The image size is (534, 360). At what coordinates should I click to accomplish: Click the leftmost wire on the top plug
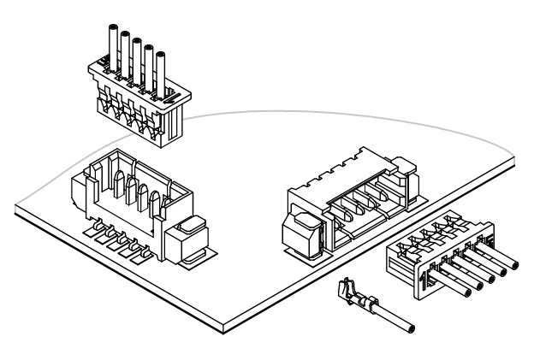pos(110,43)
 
